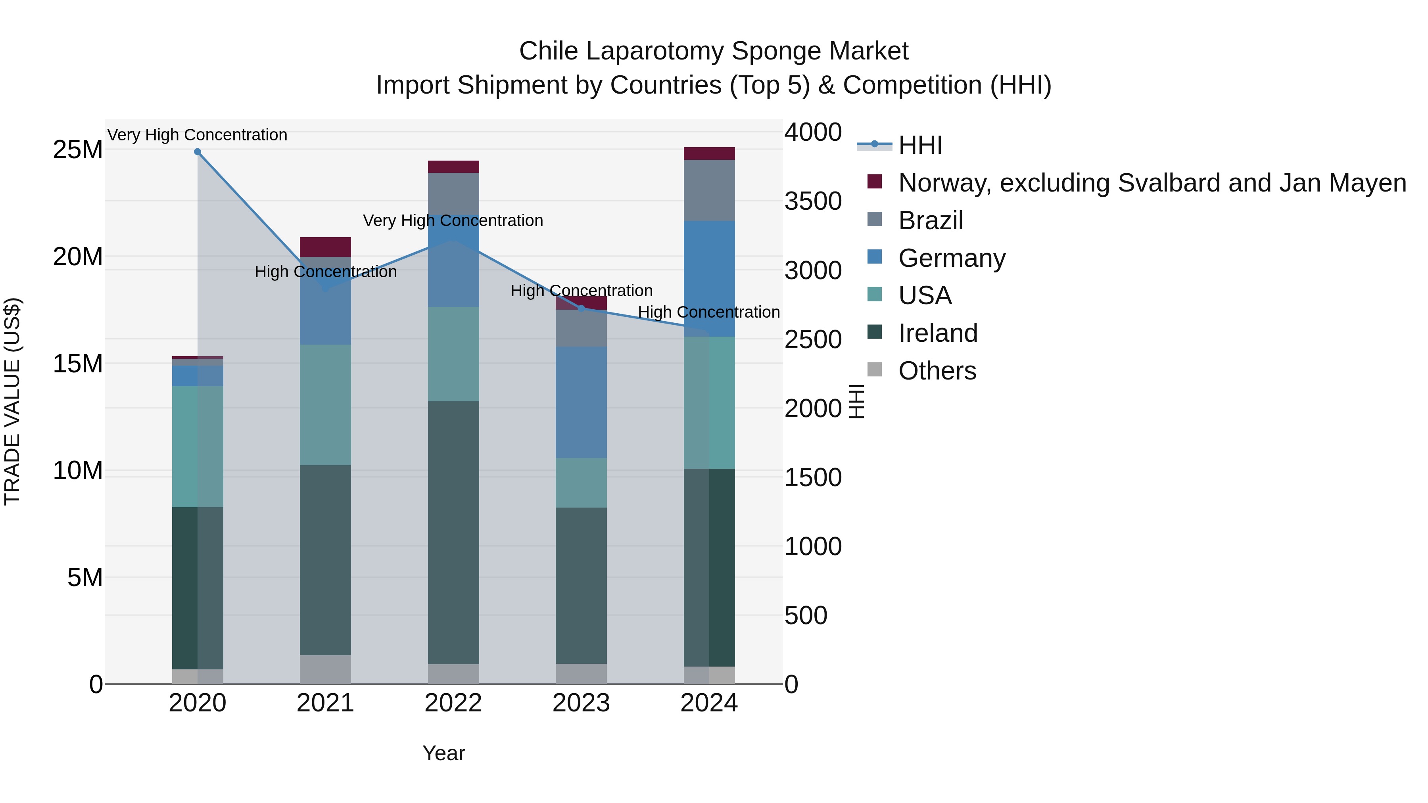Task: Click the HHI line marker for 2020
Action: [198, 152]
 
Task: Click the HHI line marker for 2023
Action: [581, 308]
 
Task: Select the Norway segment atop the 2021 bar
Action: [325, 247]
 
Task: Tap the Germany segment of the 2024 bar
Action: [709, 278]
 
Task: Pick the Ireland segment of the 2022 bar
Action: [453, 532]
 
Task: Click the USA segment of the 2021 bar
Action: [325, 404]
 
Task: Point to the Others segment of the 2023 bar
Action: [581, 673]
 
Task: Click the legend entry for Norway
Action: [1152, 183]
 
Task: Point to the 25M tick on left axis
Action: [78, 149]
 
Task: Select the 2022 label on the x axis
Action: [453, 703]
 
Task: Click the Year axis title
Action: [443, 753]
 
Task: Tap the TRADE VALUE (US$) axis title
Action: [12, 401]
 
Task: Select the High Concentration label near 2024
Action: [708, 312]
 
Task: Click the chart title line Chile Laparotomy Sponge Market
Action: [714, 51]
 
